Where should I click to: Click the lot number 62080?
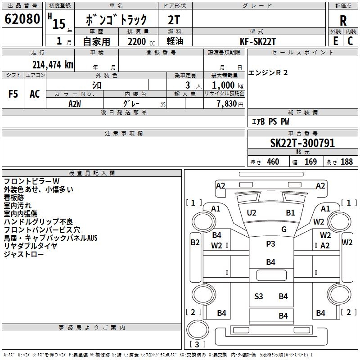coord(22,20)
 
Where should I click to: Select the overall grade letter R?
coord(343,21)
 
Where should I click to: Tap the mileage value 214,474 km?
coord(53,64)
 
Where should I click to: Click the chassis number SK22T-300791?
coord(302,143)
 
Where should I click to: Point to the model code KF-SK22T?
coord(259,41)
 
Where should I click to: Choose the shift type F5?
coord(13,94)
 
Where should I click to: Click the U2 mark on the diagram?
coord(252,212)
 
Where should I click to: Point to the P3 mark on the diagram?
coord(270,244)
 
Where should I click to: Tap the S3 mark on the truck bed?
coord(259,296)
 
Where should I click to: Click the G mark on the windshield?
coord(284,229)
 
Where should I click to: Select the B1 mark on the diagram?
coord(290,212)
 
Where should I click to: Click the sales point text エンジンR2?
coord(268,73)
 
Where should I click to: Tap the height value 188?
coord(346,162)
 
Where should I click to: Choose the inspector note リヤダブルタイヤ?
coord(31,246)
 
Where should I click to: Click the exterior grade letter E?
coord(335,41)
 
